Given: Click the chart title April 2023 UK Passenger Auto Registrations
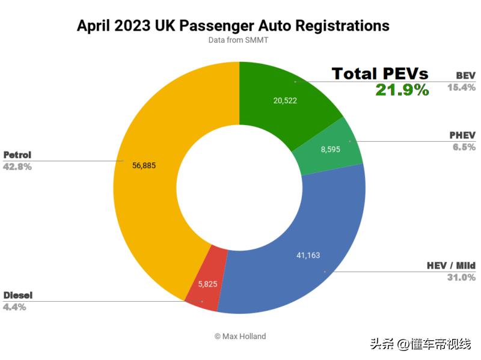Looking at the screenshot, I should tap(233, 26).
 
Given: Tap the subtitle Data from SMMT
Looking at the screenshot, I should tap(239, 40).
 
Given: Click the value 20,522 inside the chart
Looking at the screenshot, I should tap(285, 100).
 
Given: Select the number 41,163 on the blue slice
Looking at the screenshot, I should tap(308, 255).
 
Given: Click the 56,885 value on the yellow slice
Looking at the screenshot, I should tap(143, 165).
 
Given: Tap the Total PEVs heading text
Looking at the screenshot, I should tap(380, 74).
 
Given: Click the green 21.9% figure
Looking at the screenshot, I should tap(402, 90).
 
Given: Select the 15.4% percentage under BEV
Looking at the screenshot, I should tap(461, 87).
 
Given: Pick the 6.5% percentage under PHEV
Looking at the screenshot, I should tap(464, 147).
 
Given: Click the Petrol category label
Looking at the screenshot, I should tap(17, 154).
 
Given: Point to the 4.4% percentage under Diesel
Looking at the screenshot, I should tap(14, 307).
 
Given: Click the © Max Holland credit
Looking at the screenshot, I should tap(240, 336).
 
